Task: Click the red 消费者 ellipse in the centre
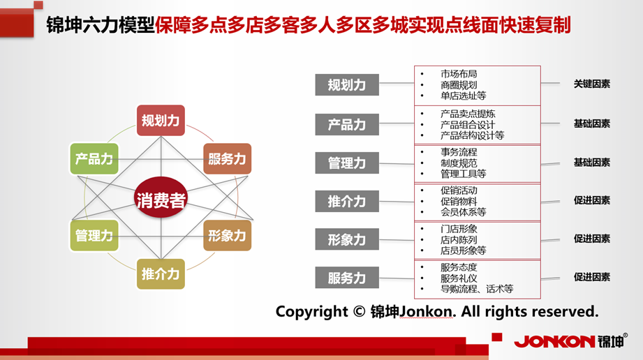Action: click(x=161, y=197)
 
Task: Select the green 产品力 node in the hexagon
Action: click(x=94, y=158)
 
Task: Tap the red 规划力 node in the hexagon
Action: click(x=161, y=121)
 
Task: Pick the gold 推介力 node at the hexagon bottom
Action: click(x=161, y=274)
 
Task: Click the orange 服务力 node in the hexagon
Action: click(x=227, y=158)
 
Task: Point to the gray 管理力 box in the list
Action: click(x=347, y=163)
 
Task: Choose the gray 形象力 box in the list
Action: click(x=347, y=239)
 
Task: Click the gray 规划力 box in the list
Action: click(x=347, y=85)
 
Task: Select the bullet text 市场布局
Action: click(x=459, y=74)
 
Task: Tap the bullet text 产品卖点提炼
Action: click(x=468, y=114)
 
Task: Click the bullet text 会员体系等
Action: click(x=464, y=212)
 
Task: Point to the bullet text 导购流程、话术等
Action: click(x=477, y=289)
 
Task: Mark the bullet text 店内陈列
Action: click(x=459, y=239)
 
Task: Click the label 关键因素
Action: click(x=592, y=84)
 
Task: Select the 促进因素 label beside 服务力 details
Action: click(x=592, y=277)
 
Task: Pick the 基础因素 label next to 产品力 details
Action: click(x=592, y=123)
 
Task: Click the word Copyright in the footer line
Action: click(x=311, y=312)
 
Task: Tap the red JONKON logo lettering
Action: click(x=554, y=342)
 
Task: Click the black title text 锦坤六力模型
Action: click(x=101, y=25)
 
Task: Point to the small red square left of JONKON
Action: click(x=497, y=337)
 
